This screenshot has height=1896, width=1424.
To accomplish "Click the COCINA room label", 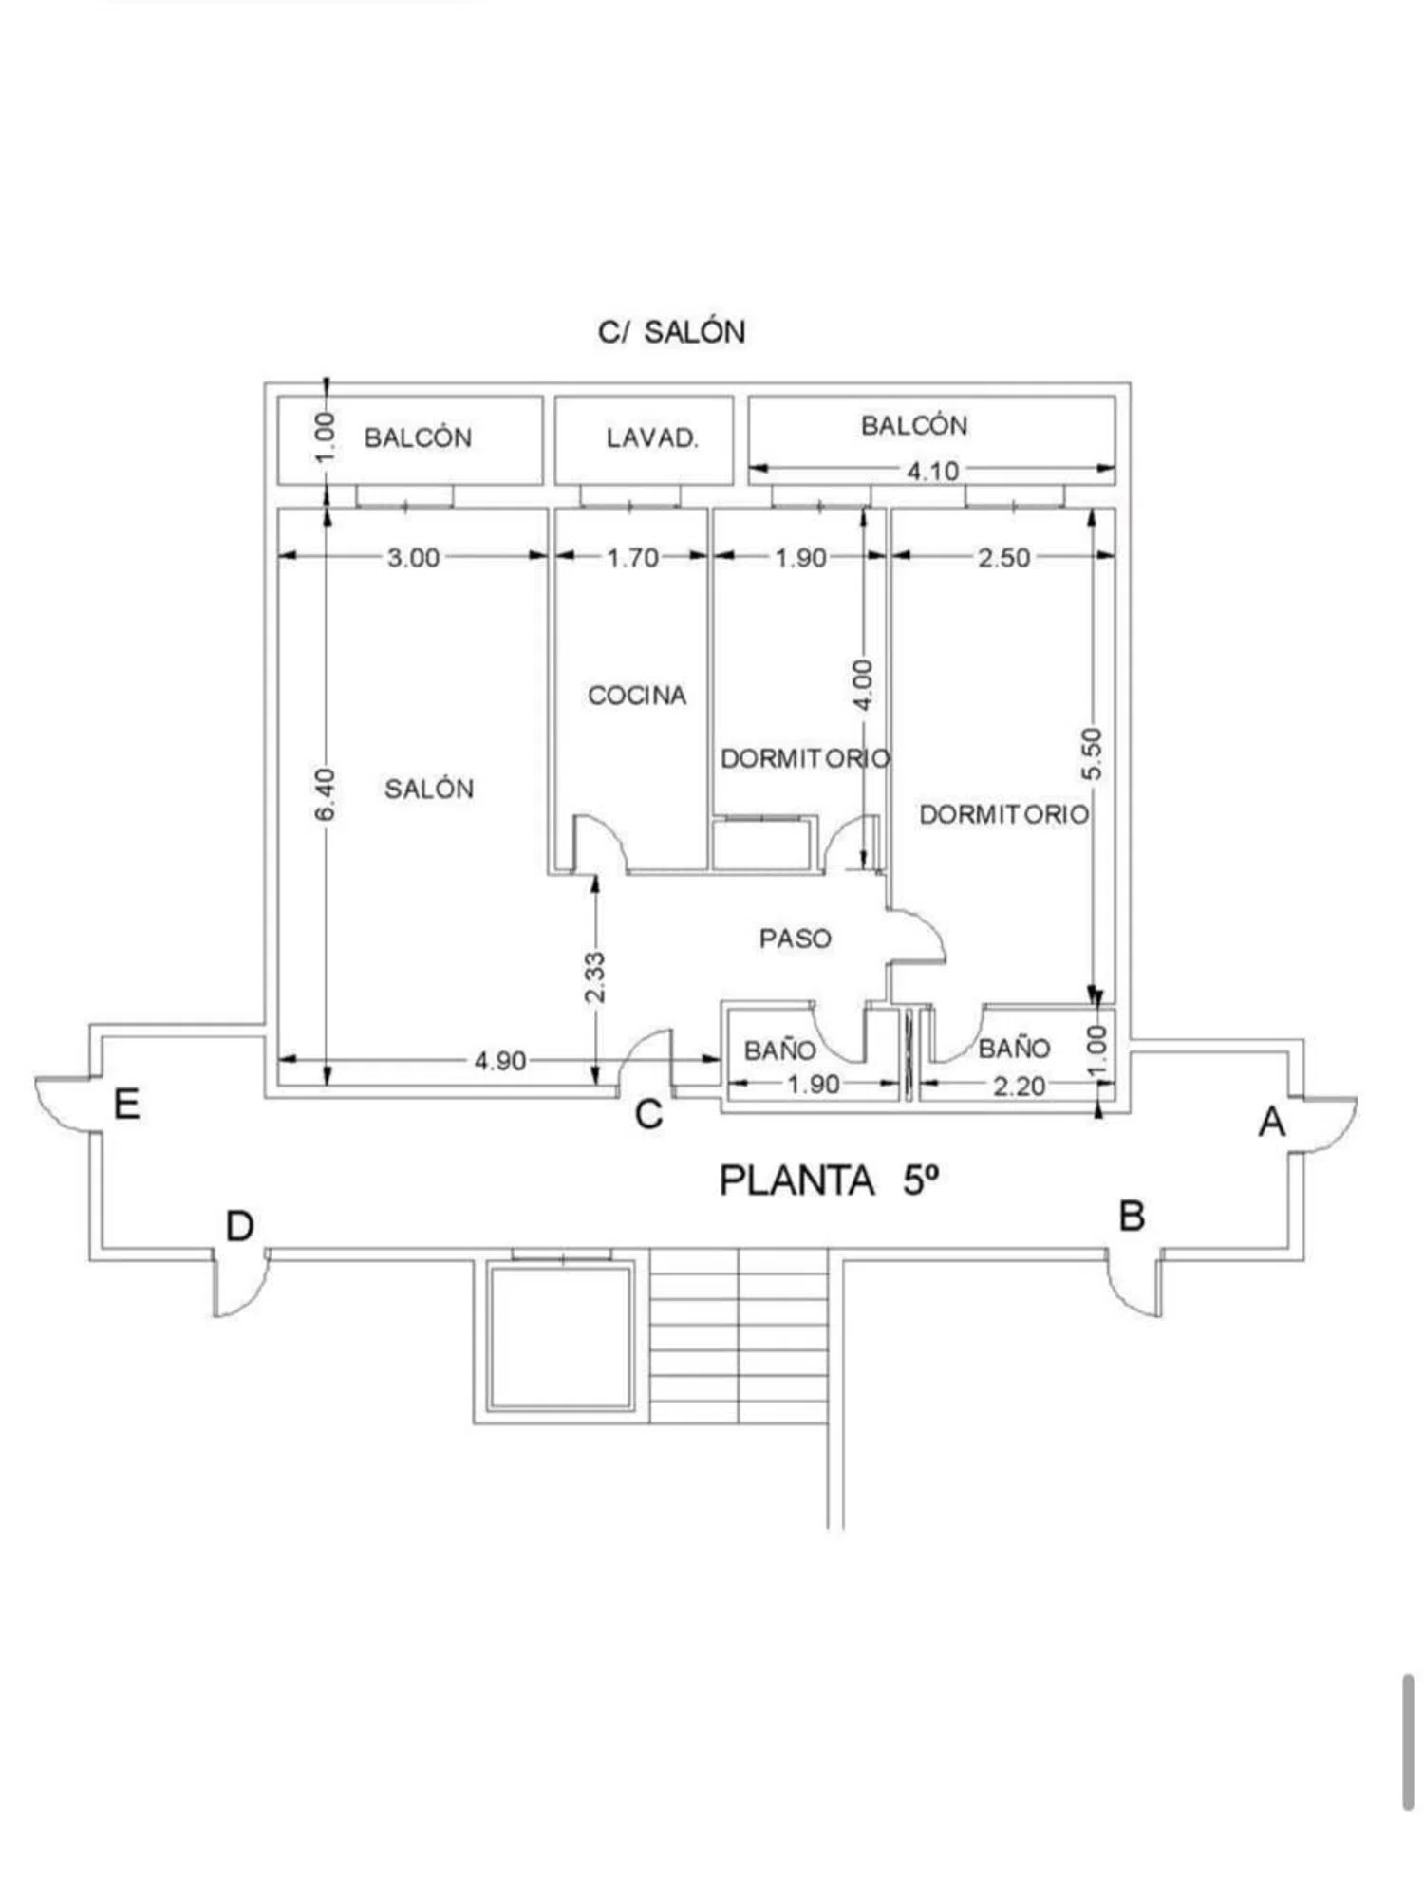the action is pyautogui.click(x=637, y=696).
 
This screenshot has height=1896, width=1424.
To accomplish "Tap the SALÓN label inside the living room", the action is pyautogui.click(x=429, y=788).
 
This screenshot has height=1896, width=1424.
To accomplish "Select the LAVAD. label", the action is pyautogui.click(x=652, y=438).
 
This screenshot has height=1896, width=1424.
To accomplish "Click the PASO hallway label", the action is pyautogui.click(x=796, y=939).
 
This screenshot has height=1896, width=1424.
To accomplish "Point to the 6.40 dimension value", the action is pyautogui.click(x=326, y=795).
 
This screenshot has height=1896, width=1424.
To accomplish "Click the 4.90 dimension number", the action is pyautogui.click(x=500, y=1061).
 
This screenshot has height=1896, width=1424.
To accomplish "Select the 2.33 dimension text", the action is pyautogui.click(x=594, y=977).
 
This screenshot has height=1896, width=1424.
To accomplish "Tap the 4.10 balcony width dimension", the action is pyautogui.click(x=932, y=471).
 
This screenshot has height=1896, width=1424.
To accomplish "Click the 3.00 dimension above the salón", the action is pyautogui.click(x=414, y=557).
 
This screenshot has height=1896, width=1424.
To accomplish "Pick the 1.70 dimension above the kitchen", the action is pyautogui.click(x=633, y=557).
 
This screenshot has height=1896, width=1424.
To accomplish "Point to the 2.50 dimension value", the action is pyautogui.click(x=1004, y=557).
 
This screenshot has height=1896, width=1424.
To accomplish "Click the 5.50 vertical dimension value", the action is pyautogui.click(x=1093, y=754).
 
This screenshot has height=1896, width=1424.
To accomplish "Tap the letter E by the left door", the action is pyautogui.click(x=127, y=1105).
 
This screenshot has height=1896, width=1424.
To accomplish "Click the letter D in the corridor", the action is pyautogui.click(x=240, y=1226).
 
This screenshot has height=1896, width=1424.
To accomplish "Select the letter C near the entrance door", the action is pyautogui.click(x=648, y=1114).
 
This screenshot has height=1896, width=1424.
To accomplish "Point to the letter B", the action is pyautogui.click(x=1132, y=1216).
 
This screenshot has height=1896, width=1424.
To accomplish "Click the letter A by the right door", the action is pyautogui.click(x=1272, y=1122).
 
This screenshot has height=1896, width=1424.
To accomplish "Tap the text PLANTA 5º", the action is pyautogui.click(x=830, y=1180).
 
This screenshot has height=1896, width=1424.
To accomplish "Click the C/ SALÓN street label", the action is pyautogui.click(x=672, y=331).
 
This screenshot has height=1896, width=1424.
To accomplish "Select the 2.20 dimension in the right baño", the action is pyautogui.click(x=1020, y=1086).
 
